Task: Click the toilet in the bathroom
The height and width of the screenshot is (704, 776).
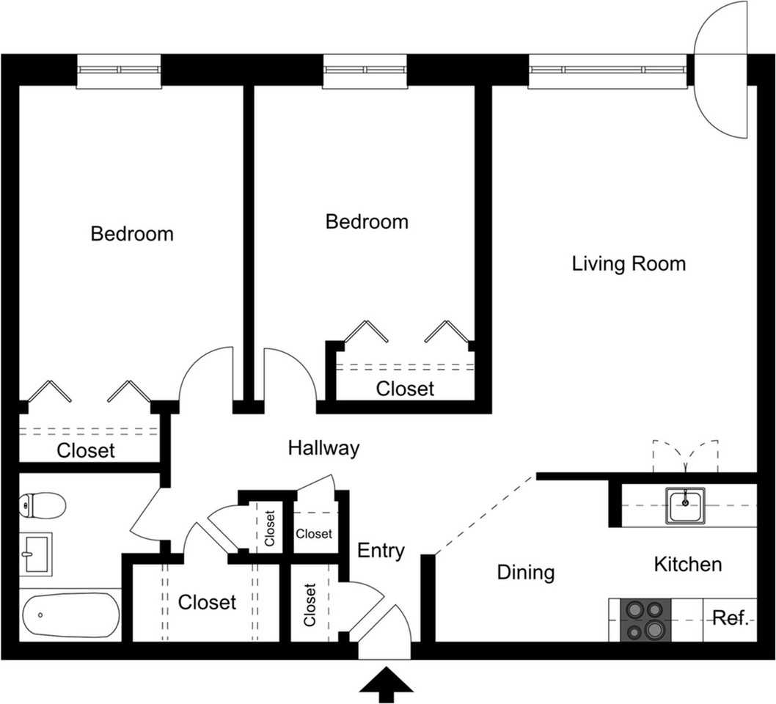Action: pos(44,505)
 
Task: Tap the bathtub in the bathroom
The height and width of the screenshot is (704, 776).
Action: pos(70,615)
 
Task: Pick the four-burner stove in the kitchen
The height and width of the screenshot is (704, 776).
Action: pos(645,620)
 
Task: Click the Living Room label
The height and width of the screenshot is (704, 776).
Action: pos(629,264)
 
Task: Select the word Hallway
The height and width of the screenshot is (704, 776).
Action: pos(323,448)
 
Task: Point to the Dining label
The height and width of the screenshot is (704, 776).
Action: pos(525,572)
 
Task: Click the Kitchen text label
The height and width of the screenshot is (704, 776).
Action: pos(687,564)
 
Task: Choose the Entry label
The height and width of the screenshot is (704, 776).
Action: pos(381,551)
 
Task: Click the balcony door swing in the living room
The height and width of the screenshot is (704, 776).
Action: pos(720,70)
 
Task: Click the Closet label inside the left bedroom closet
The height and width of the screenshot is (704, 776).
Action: pos(86,450)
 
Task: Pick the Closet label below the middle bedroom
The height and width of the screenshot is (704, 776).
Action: pos(405,389)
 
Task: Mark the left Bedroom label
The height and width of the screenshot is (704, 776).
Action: pos(132,234)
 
